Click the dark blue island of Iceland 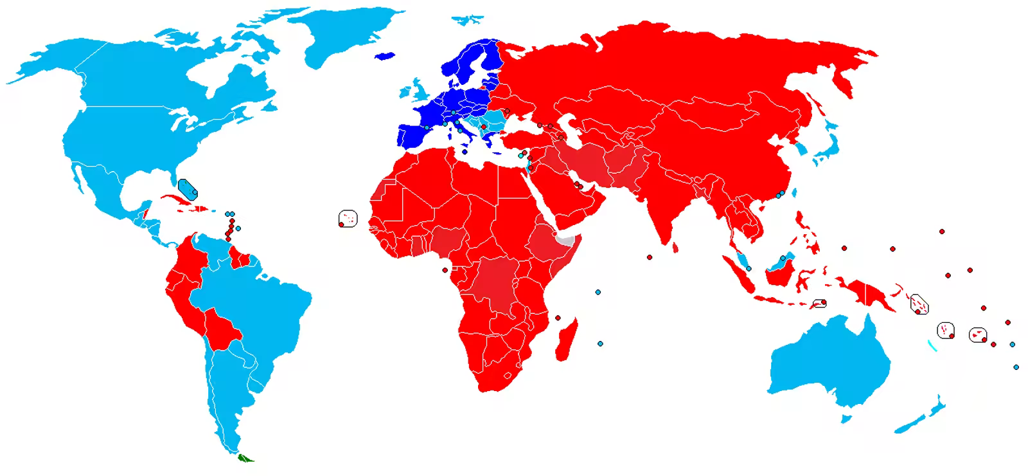coord(384,56)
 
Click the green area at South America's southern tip coord(245,459)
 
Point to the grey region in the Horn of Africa coord(564,243)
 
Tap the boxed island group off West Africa coord(348,219)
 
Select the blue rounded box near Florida coord(188,188)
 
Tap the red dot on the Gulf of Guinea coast coord(444,270)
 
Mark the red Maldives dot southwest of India coord(650,257)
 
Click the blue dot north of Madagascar coord(598,292)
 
